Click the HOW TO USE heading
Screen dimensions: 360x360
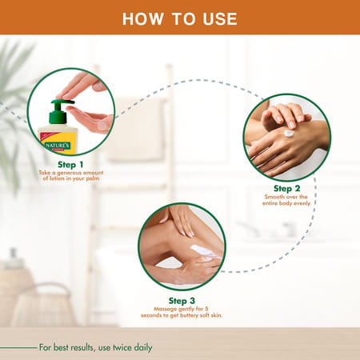(179, 18)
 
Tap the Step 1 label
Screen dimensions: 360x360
(70, 163)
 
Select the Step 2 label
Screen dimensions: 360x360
(286, 188)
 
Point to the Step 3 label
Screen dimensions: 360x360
(181, 300)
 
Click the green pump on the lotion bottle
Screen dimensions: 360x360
(57, 113)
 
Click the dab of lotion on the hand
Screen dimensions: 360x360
(289, 134)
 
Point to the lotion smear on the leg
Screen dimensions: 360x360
(203, 251)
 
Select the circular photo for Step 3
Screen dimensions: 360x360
(181, 247)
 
